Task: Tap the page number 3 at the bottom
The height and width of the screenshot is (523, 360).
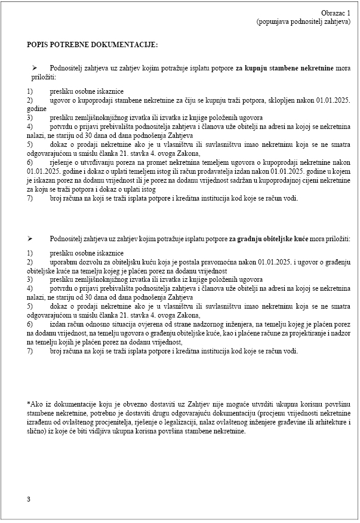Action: pyautogui.click(x=28, y=499)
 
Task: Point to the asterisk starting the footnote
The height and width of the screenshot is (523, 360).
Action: pyautogui.click(x=28, y=404)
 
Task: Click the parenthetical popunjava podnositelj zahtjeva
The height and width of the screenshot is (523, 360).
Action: pyautogui.click(x=303, y=21)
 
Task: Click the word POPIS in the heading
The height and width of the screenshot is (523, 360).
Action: pyautogui.click(x=38, y=44)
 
